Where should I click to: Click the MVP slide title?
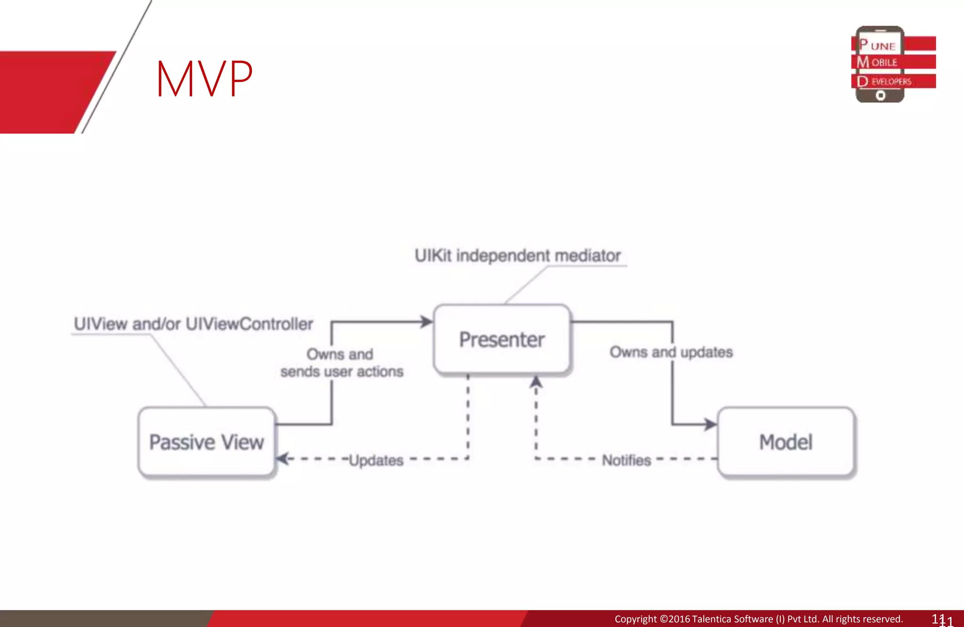204,79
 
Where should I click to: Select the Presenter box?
502,340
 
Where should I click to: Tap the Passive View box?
206,442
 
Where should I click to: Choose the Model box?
786,442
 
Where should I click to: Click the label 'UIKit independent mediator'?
517,256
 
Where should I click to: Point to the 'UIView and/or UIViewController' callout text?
193,324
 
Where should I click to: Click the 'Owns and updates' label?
671,352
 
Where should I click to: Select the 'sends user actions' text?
342,372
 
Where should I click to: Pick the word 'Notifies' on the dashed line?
626,460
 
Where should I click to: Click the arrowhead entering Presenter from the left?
426,322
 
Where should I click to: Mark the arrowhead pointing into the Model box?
710,424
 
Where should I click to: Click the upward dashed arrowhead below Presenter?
536,382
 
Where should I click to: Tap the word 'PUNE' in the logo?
877,46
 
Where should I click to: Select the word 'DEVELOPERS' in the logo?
884,81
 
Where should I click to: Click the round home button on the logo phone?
880,96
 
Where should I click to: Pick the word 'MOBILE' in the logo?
877,62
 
